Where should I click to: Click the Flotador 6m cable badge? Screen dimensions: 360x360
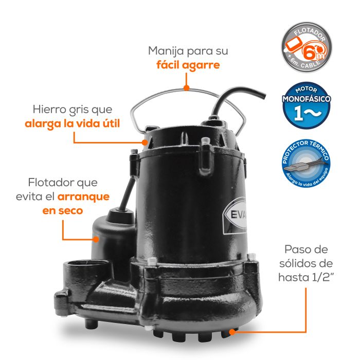click(307, 47)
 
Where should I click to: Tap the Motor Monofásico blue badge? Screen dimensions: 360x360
click(307, 105)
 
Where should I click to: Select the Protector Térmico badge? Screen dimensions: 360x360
click(307, 163)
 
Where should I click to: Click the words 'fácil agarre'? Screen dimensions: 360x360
click(188, 65)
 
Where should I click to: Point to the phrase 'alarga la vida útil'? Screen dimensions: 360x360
click(73, 123)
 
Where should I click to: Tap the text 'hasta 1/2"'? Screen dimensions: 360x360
click(305, 277)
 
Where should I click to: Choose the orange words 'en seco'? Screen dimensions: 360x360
click(63, 210)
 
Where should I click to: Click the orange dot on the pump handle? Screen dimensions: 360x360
click(187, 88)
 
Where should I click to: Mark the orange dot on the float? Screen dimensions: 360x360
click(96, 239)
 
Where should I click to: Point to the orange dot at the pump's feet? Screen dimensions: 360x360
click(232, 332)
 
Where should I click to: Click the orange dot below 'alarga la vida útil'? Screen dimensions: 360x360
click(145, 142)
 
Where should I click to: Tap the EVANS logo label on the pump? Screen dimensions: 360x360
click(236, 215)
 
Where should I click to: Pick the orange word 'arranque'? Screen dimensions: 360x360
click(83, 197)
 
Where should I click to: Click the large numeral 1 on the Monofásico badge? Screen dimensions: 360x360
click(298, 113)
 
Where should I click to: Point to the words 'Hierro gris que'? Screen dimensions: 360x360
click(73, 110)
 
